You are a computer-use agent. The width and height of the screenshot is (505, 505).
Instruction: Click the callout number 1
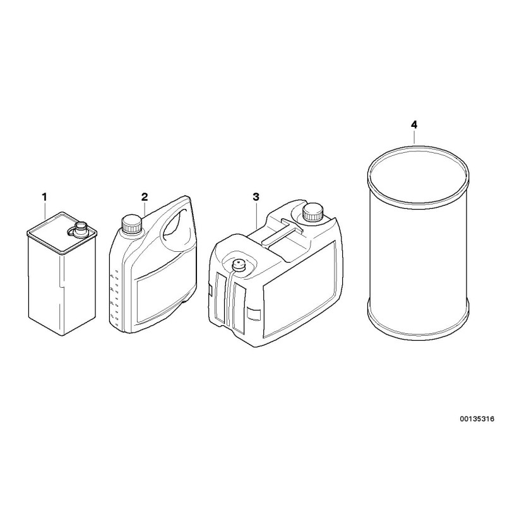coord(44,198)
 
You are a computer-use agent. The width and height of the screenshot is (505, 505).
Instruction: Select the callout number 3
coord(256,197)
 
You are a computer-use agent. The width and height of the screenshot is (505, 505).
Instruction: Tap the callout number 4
coord(414,125)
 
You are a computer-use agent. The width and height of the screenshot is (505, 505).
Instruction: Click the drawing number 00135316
coord(478,419)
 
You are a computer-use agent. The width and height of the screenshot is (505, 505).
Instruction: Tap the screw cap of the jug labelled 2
coord(131,223)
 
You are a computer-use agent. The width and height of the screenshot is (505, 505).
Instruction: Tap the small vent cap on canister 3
coord(239,264)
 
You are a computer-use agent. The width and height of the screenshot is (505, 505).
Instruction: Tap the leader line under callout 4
coord(415,138)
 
